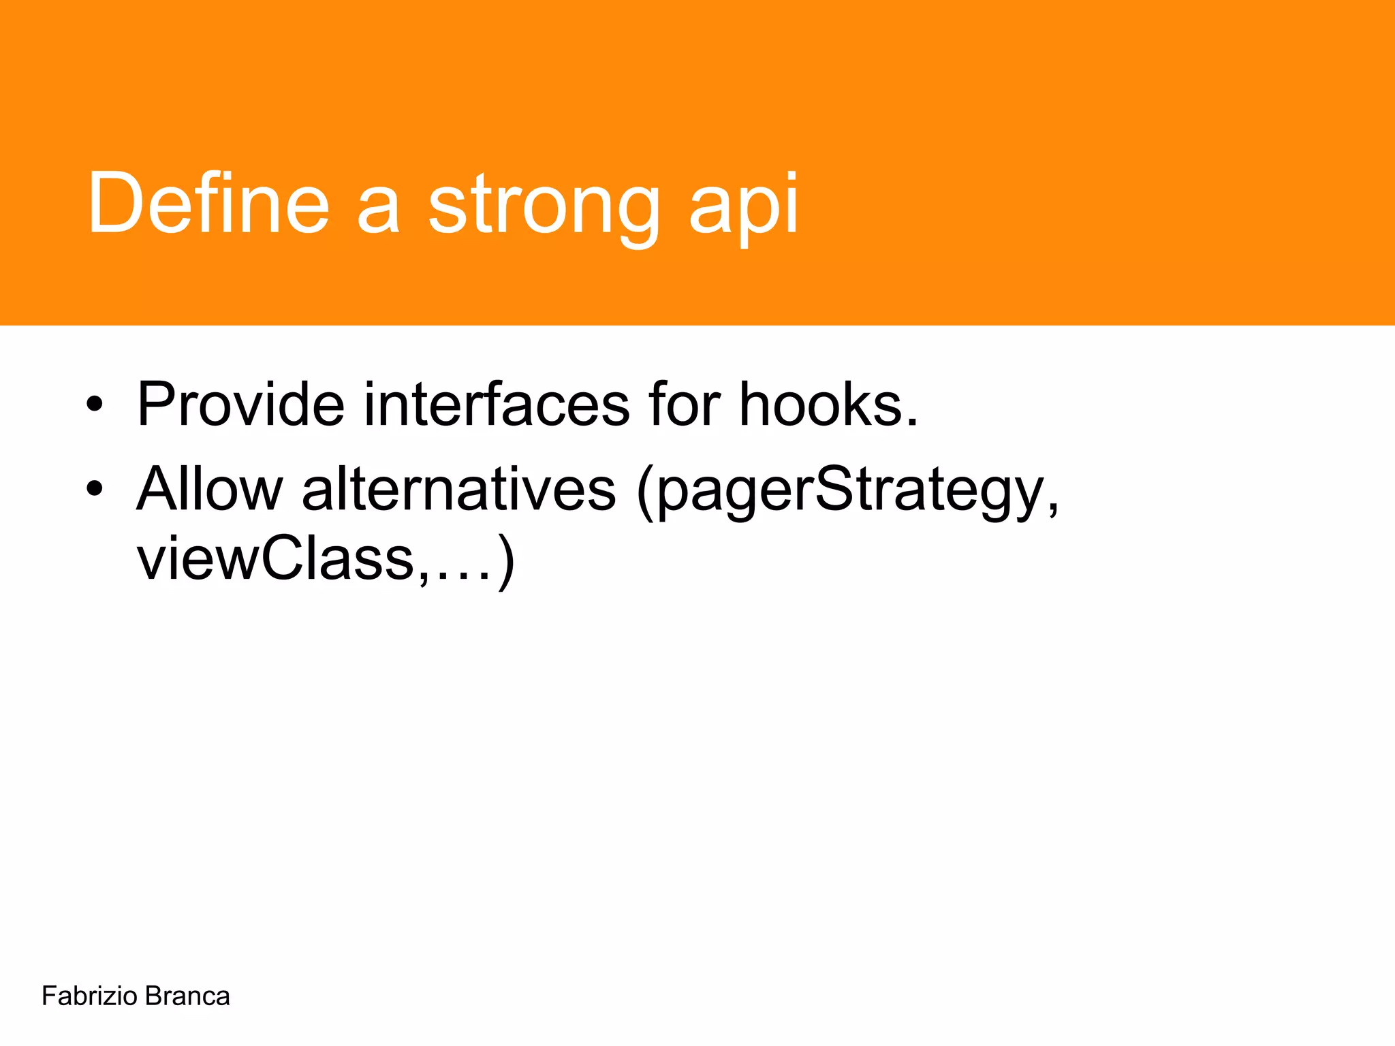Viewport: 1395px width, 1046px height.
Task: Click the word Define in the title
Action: (x=208, y=202)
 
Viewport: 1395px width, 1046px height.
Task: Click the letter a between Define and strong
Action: (x=378, y=211)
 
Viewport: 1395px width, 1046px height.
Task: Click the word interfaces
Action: (x=497, y=405)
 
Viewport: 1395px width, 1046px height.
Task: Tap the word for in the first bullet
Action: (x=684, y=405)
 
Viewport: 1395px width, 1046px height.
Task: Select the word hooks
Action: (x=821, y=405)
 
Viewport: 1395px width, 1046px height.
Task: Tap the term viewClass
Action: (x=275, y=559)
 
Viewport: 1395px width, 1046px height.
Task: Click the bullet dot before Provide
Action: (x=95, y=406)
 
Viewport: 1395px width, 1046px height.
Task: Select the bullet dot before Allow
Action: (x=95, y=488)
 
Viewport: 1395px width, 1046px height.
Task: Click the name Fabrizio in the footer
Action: (x=89, y=996)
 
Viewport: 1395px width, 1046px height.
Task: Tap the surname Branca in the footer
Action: (x=187, y=996)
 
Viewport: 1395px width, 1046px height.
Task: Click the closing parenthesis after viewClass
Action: (x=505, y=562)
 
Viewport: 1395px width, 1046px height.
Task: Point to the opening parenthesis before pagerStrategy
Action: (x=644, y=492)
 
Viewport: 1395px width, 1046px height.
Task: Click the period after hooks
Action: (x=912, y=422)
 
